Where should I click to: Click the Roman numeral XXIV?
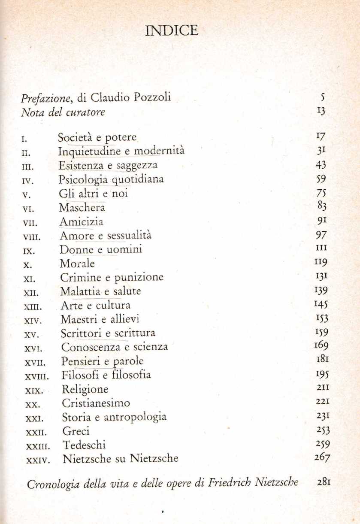(38, 459)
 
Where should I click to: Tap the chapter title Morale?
(77, 264)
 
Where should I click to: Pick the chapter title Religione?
(85, 390)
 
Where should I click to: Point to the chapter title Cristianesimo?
(96, 403)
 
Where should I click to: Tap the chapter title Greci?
(76, 431)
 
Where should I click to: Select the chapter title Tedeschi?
(84, 445)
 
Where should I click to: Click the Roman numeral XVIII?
(37, 376)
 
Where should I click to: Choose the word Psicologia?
(82, 180)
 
